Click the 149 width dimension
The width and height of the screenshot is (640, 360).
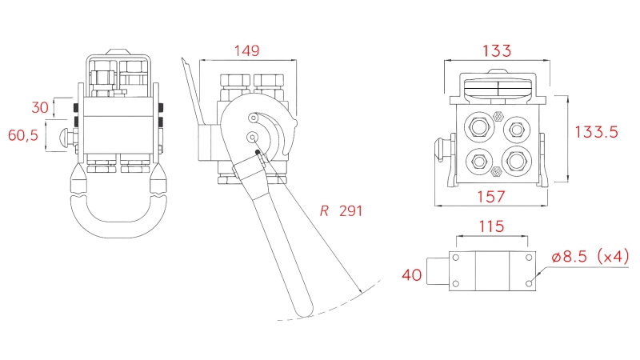pyautogui.click(x=246, y=50)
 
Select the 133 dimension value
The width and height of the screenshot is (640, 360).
pyautogui.click(x=496, y=50)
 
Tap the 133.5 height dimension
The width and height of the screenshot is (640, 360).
pyautogui.click(x=595, y=133)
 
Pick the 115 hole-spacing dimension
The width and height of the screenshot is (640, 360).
pyautogui.click(x=491, y=226)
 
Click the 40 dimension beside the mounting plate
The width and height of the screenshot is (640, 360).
pyautogui.click(x=411, y=275)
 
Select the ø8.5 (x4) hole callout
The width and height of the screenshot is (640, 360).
pyautogui.click(x=591, y=257)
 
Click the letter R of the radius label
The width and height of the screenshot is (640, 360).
pyautogui.click(x=324, y=211)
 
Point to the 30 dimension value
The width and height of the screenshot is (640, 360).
pyautogui.click(x=40, y=106)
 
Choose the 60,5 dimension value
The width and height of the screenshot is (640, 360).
pyautogui.click(x=23, y=135)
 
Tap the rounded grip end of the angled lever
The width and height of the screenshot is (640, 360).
pyautogui.click(x=302, y=305)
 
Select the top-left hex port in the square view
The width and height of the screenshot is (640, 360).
pyautogui.click(x=480, y=128)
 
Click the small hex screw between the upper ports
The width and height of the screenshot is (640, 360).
pyautogui.click(x=498, y=114)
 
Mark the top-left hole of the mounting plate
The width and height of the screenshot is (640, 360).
pyautogui.click(x=457, y=258)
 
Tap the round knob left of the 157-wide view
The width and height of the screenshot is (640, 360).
pyautogui.click(x=438, y=149)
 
